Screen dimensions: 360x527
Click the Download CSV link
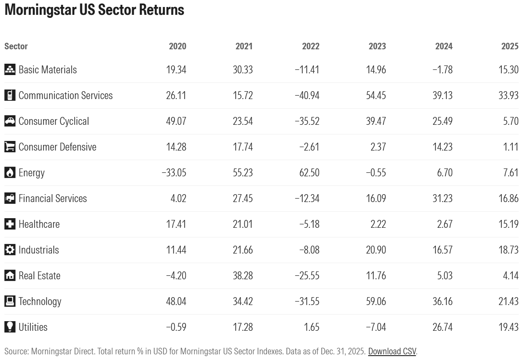392,351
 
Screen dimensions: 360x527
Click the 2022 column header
310,46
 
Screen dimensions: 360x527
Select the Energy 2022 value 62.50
309,173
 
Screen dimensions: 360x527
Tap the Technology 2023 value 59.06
375,302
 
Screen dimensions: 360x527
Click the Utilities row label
33,327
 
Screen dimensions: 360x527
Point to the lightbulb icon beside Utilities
10,327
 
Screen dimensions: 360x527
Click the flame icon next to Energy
10,173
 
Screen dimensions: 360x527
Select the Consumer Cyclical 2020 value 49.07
176,121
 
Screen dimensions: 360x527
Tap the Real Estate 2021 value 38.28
242,276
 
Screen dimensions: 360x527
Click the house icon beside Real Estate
10,276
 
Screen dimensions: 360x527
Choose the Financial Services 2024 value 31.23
442,199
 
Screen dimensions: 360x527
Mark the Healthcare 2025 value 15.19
508,224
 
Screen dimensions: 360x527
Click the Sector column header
16,46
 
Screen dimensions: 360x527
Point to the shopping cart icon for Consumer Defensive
10,147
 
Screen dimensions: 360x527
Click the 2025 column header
510,46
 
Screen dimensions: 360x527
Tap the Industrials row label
38,250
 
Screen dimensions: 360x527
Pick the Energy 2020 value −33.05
174,173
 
